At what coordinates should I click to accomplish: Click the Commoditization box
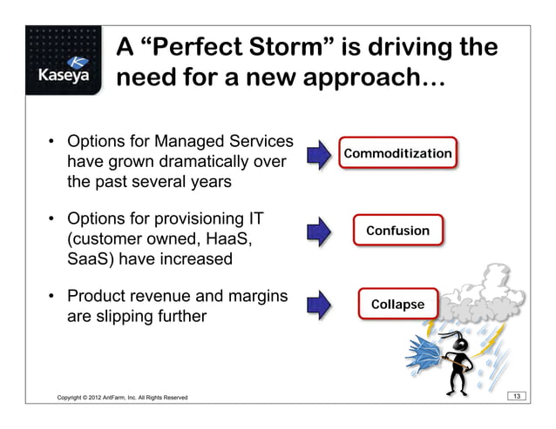click(x=397, y=154)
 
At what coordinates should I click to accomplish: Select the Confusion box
click(x=397, y=231)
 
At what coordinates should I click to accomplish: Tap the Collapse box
click(x=397, y=305)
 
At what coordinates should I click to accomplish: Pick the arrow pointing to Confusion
click(x=320, y=230)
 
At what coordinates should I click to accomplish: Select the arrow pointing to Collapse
click(x=320, y=304)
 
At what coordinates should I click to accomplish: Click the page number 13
click(x=518, y=397)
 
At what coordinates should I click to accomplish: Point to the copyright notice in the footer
click(x=121, y=398)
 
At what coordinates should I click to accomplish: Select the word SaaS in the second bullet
click(x=89, y=259)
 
